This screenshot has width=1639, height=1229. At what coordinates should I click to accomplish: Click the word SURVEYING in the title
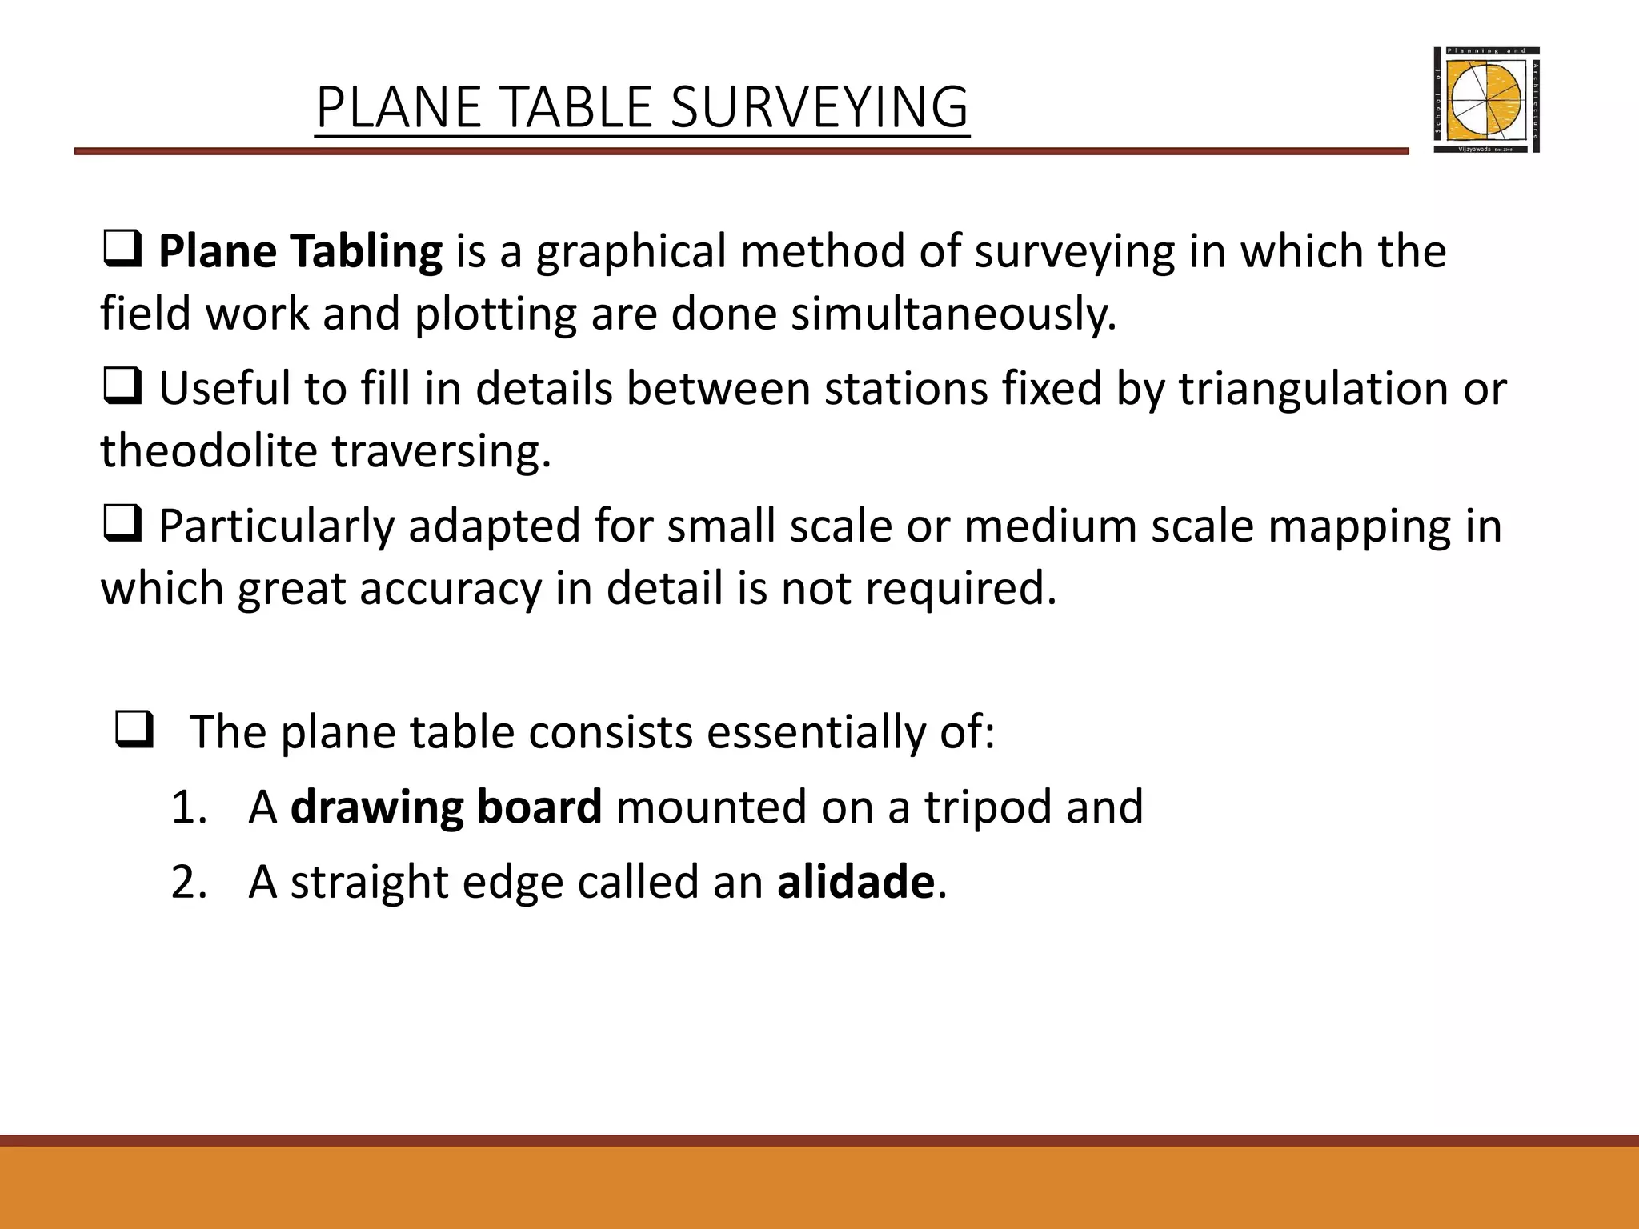click(x=819, y=107)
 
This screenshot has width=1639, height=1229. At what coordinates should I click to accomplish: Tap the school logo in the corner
click(x=1486, y=100)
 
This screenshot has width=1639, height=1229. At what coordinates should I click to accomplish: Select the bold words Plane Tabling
click(x=300, y=251)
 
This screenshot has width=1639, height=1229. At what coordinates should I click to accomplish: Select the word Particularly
click(x=276, y=526)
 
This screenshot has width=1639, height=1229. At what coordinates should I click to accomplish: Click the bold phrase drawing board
click(x=446, y=807)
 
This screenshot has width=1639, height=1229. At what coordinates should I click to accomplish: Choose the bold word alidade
click(x=856, y=882)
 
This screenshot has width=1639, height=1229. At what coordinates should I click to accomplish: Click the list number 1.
click(x=189, y=807)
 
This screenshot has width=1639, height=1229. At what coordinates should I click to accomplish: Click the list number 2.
click(x=189, y=882)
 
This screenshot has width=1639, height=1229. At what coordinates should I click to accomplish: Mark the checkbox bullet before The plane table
click(x=134, y=732)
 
